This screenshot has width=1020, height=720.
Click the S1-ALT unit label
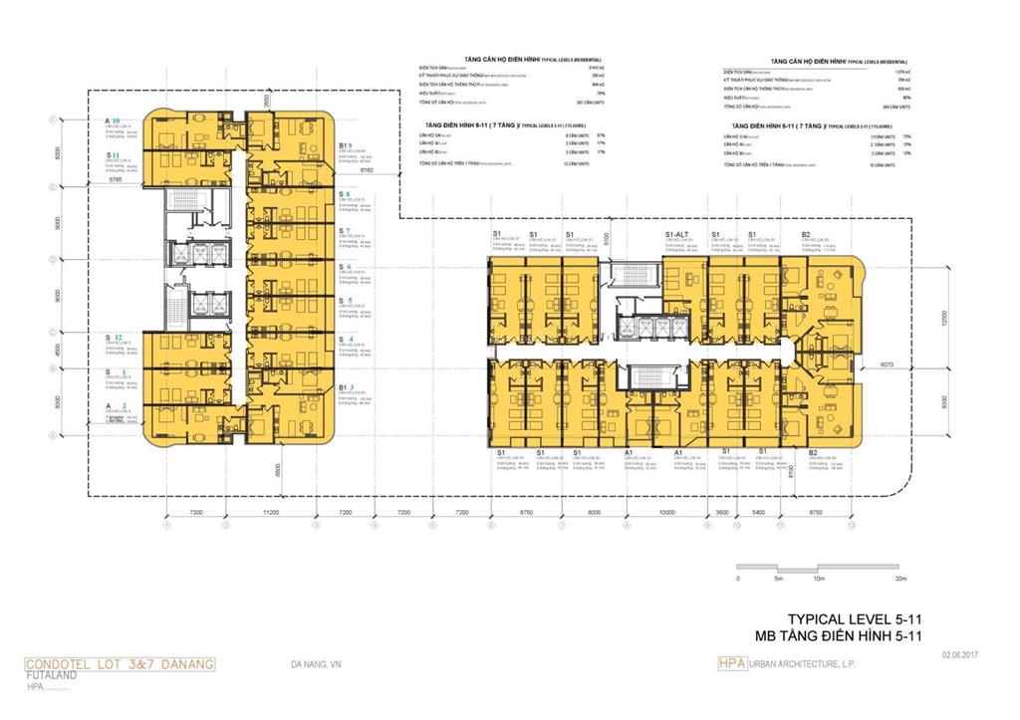point(678,234)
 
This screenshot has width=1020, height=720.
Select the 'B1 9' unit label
point(345,145)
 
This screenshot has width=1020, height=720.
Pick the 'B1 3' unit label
point(345,387)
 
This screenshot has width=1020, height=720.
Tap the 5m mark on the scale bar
point(777,578)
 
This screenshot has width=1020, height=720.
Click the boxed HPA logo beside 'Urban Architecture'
point(731,663)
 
